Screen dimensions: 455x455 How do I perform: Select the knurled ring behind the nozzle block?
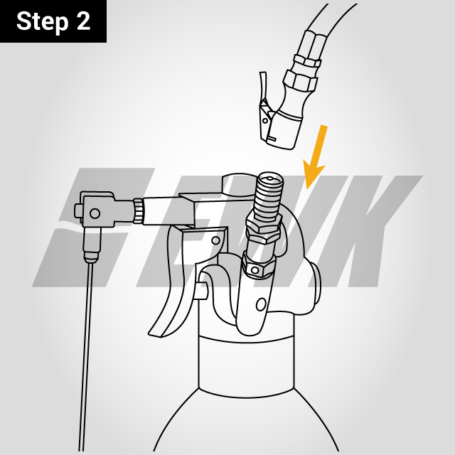pyautogui.click(x=139, y=210)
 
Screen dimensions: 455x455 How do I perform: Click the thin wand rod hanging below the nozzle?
pyautogui.click(x=87, y=355)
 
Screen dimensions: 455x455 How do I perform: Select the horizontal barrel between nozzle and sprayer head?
pyautogui.click(x=167, y=211)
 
